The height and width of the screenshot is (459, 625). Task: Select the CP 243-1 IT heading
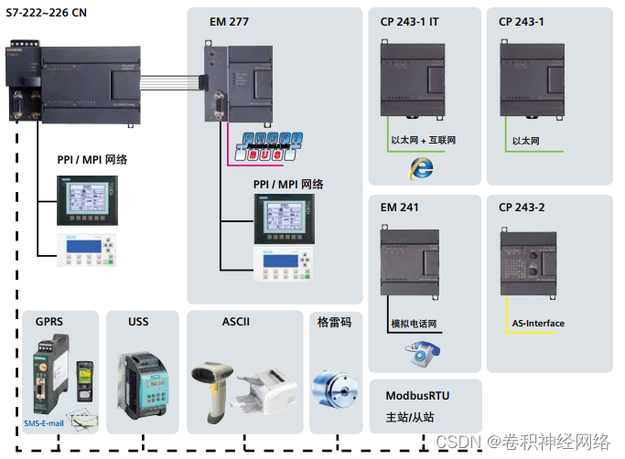coord(410,22)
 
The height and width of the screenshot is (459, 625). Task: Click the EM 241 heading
coord(400,208)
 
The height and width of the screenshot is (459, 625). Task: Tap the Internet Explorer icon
coord(422,167)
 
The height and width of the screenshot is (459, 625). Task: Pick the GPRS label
coord(49,322)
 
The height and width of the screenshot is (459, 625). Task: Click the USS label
coord(138,322)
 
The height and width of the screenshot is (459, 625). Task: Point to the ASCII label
coord(235,322)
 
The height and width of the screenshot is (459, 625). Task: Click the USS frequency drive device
coord(142,383)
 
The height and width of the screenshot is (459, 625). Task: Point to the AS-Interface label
coord(538,324)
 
